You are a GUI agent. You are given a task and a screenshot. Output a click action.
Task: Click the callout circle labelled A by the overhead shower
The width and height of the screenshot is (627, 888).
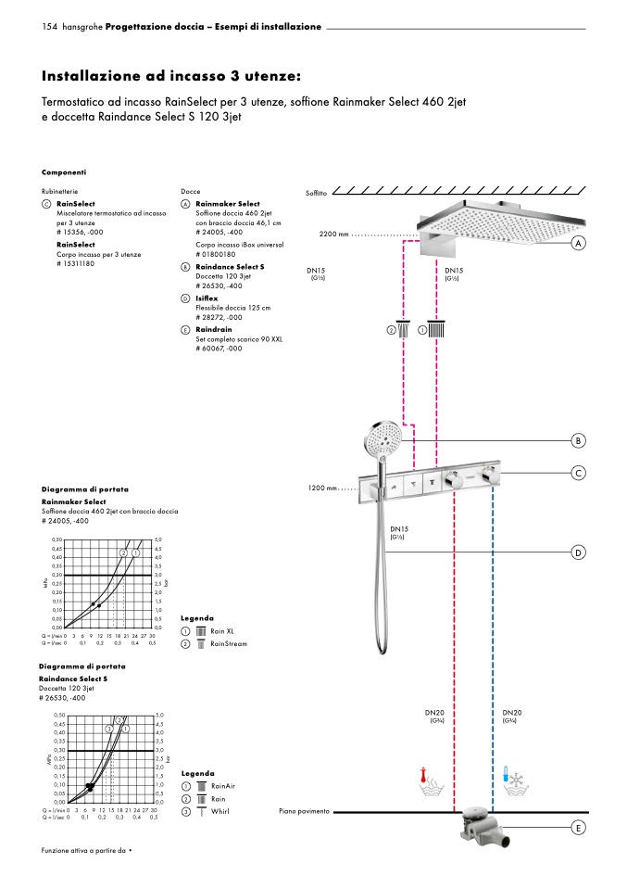579,243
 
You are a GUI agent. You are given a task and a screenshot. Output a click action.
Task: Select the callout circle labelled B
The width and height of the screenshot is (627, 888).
579,439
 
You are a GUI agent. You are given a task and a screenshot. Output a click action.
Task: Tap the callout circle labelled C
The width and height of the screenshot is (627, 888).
579,474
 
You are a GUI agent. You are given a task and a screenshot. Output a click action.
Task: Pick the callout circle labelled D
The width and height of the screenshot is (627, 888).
579,552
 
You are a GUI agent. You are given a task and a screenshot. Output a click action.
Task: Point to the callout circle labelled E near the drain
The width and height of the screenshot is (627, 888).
579,828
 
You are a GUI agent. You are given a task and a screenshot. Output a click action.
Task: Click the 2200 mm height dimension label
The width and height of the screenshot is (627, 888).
333,235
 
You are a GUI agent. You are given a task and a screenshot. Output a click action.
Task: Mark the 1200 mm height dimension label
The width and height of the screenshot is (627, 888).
320,488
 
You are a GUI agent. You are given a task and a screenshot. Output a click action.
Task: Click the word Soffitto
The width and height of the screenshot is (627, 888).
317,193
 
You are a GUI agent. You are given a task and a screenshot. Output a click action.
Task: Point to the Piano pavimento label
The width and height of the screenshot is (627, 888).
304,811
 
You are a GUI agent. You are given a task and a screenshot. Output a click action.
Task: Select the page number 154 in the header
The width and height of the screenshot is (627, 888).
50,27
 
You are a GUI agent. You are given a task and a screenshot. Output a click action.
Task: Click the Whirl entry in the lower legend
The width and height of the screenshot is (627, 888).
219,812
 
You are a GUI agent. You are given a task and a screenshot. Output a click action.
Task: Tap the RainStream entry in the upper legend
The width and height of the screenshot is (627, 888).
229,643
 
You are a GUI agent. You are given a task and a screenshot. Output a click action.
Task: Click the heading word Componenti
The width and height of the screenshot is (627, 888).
64,171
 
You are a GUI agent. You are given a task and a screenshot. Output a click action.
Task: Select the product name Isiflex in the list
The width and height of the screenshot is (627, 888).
207,298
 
